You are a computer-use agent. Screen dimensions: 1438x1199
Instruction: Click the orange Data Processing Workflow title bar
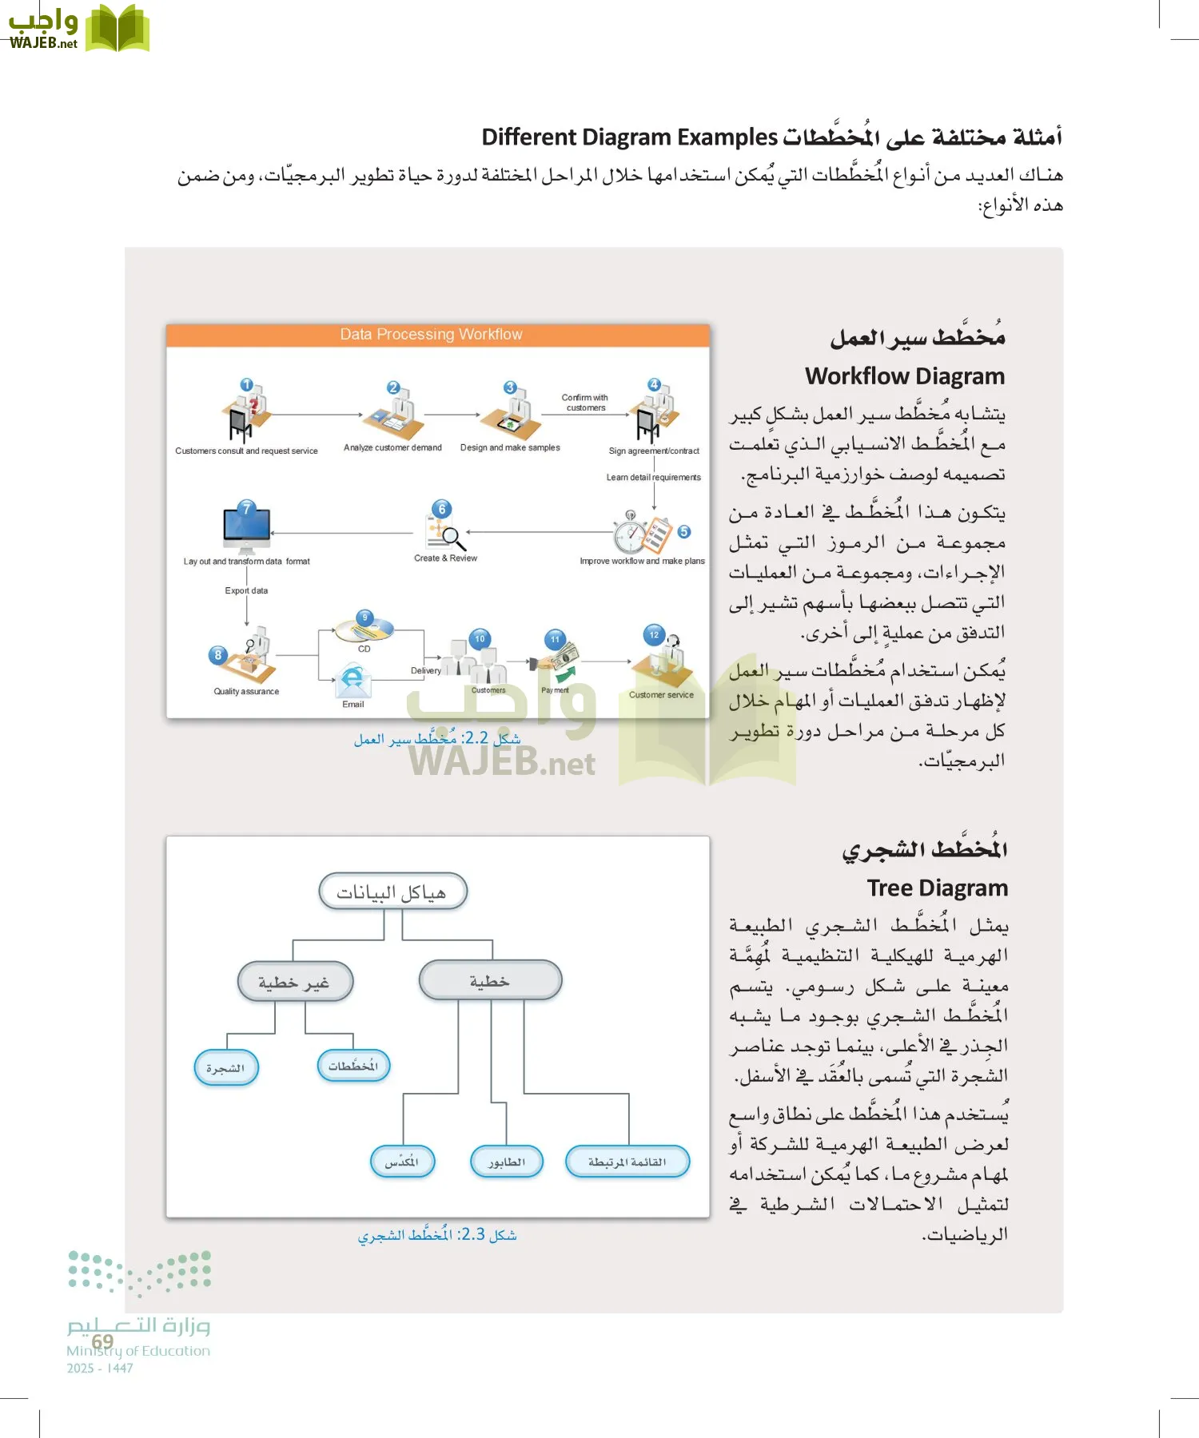click(x=437, y=335)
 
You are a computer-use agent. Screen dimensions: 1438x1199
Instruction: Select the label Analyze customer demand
click(x=392, y=448)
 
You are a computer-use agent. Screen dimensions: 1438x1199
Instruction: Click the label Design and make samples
click(x=510, y=448)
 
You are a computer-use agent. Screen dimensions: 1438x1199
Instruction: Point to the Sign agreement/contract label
click(x=653, y=451)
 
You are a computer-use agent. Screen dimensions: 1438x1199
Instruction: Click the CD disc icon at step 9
click(x=364, y=630)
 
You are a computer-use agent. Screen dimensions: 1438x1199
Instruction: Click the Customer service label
click(x=661, y=695)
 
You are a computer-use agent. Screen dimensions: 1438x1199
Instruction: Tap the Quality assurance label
click(x=246, y=692)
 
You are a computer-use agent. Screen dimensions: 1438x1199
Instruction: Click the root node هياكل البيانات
click(x=392, y=892)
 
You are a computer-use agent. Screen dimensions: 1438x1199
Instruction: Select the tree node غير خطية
click(x=294, y=982)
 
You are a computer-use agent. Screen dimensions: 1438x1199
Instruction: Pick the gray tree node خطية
click(x=489, y=980)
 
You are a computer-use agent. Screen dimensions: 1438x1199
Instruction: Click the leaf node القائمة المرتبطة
click(x=627, y=1162)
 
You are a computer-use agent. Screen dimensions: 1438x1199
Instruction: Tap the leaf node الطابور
click(x=506, y=1162)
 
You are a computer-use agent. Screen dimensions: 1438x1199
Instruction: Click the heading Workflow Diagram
click(x=904, y=376)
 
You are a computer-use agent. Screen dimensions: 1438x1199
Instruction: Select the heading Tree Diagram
click(x=937, y=888)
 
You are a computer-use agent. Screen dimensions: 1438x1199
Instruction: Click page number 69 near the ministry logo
click(x=102, y=1341)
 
